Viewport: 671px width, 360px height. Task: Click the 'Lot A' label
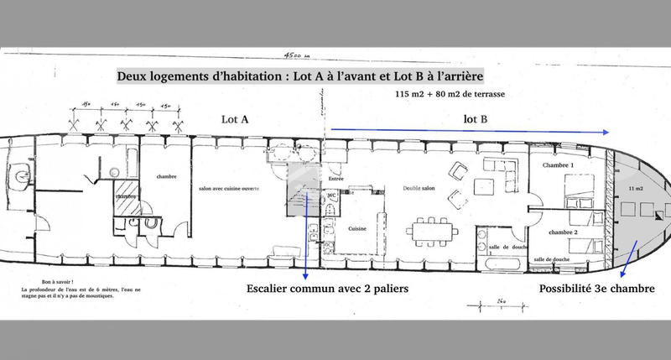(x=234, y=120)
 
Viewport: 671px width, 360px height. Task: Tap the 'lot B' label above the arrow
(x=475, y=119)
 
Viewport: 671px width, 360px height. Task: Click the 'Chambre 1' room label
(x=559, y=166)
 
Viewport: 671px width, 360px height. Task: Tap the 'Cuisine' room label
(x=359, y=228)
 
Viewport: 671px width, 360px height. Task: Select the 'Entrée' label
(x=336, y=179)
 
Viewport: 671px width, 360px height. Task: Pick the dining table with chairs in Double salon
(x=434, y=229)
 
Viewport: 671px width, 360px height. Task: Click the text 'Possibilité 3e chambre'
(x=597, y=289)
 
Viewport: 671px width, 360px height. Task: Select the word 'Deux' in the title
(x=133, y=76)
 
